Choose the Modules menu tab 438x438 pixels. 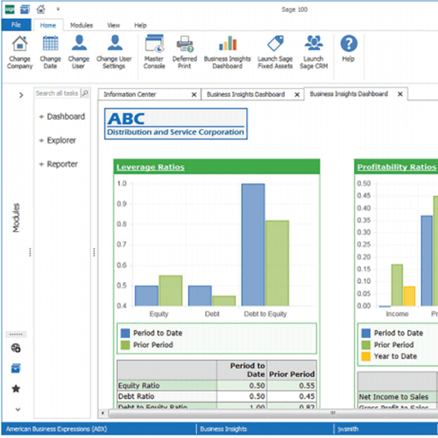coord(82,26)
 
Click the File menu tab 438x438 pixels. coord(15,26)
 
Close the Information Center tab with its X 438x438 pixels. coord(194,94)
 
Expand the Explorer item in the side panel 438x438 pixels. coord(61,140)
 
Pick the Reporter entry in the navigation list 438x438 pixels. coord(62,164)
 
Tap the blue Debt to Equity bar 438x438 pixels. coord(252,245)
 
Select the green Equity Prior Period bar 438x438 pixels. coord(171,290)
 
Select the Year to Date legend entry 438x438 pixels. coord(394,356)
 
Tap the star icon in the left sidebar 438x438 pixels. coord(16,388)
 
